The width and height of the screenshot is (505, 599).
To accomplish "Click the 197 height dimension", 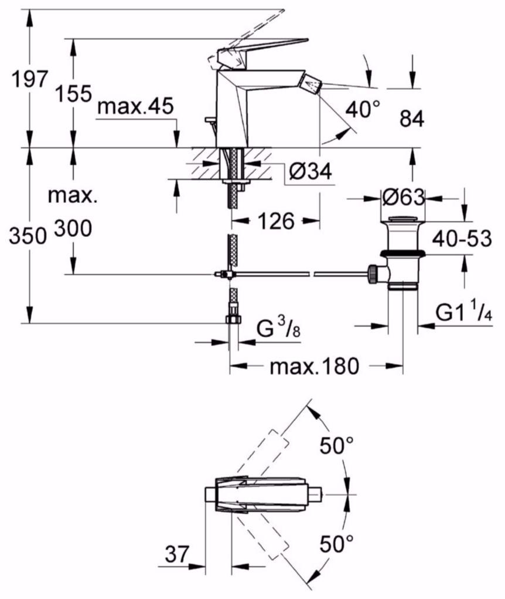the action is click(30, 79).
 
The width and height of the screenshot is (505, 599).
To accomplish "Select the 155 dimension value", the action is click(74, 94).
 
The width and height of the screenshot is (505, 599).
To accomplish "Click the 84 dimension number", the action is click(412, 119).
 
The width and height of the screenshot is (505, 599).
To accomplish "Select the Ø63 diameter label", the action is click(403, 198).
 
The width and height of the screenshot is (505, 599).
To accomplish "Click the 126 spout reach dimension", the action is click(276, 221).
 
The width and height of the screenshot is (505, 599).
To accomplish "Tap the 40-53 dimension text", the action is click(462, 239).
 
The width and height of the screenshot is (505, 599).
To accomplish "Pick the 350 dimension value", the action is click(28, 235).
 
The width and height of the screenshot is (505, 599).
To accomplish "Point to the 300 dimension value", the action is click(73, 228).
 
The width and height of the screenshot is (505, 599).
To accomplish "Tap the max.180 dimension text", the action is click(315, 366).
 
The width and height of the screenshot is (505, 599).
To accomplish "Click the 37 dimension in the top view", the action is click(177, 554).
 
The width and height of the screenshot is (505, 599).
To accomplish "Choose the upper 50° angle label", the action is click(336, 445).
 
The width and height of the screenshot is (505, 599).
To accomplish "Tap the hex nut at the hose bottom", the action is click(233, 319).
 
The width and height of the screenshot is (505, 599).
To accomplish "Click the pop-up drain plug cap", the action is click(403, 219).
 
